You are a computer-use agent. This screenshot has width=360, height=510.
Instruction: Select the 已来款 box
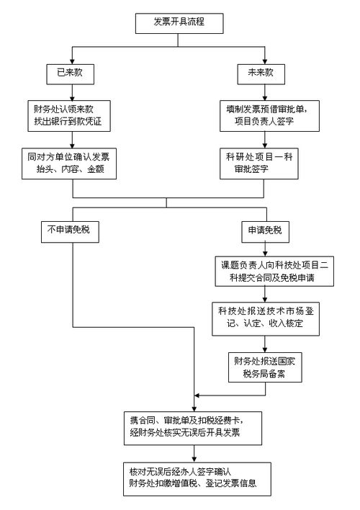coord(70,73)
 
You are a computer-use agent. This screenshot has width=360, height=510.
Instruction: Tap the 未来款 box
coord(258,73)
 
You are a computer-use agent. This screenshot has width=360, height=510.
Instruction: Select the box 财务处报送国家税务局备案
coord(264,366)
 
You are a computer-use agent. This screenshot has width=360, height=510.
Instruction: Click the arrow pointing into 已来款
coord(70,56)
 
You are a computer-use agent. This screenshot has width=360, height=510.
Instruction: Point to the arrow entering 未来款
coord(258,56)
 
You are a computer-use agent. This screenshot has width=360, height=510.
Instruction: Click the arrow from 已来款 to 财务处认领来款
coord(70,92)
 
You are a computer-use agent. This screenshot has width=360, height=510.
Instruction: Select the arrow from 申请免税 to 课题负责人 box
coord(264,249)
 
